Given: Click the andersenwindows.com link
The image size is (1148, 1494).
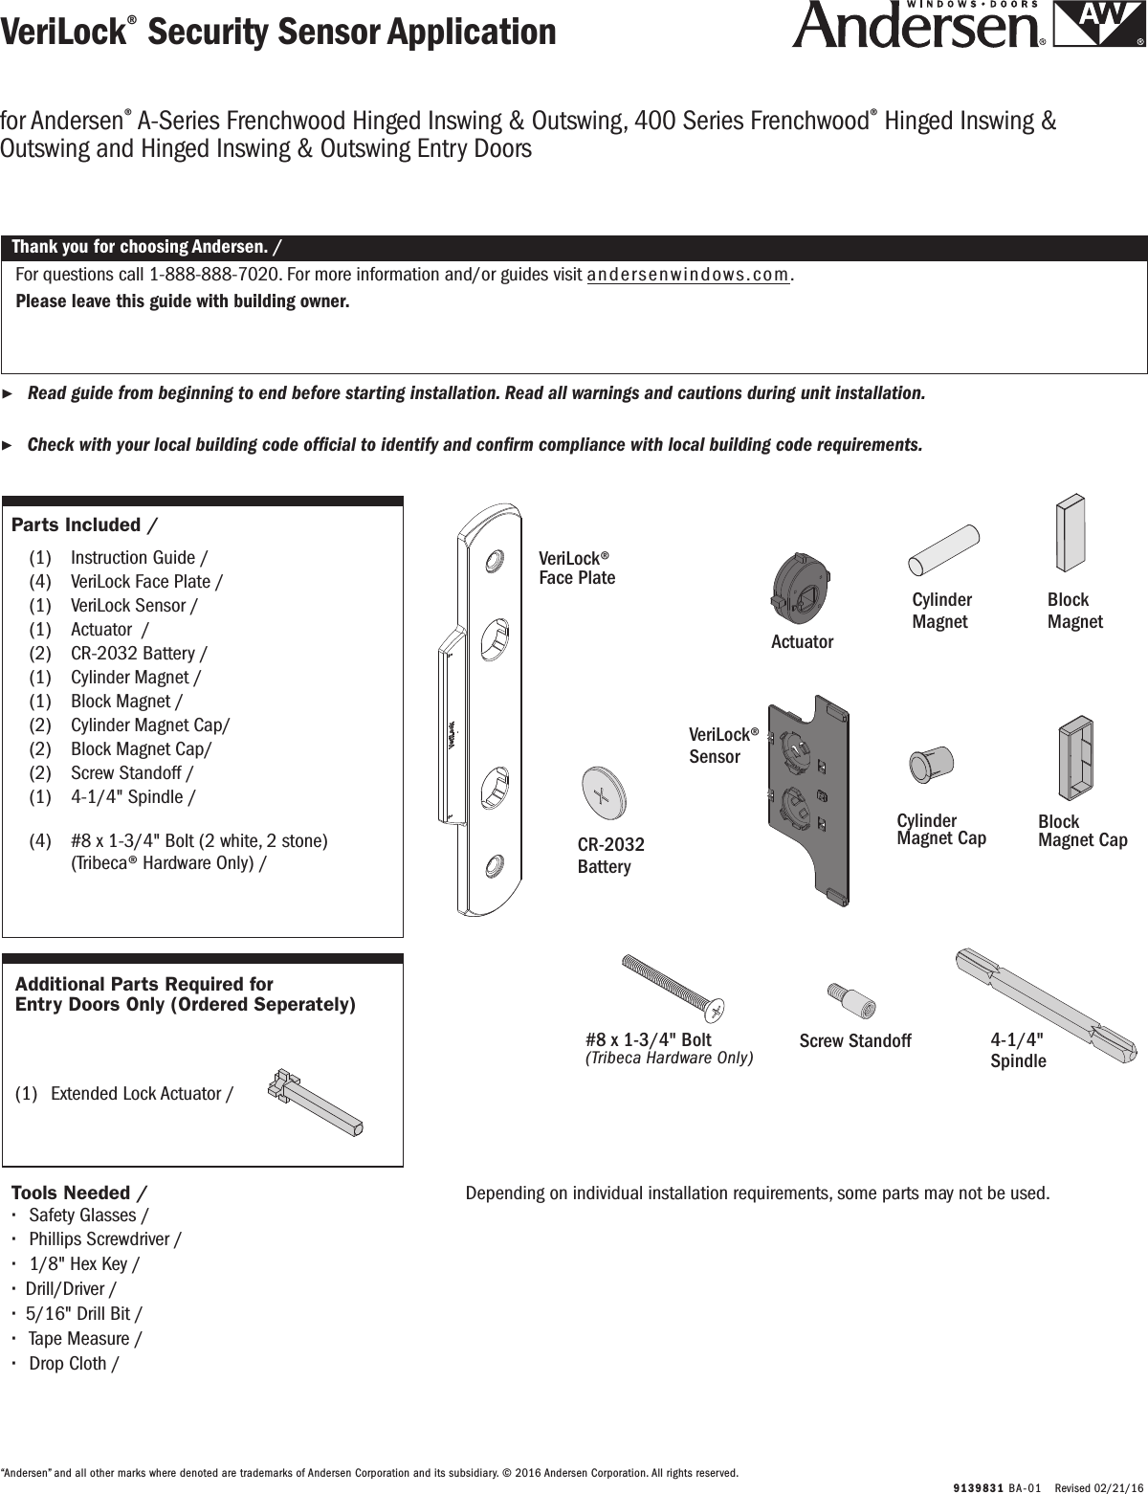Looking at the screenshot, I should click(x=689, y=276).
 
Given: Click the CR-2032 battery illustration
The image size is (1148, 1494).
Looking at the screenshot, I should click(x=603, y=792).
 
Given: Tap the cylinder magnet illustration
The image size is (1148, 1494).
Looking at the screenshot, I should click(x=942, y=549).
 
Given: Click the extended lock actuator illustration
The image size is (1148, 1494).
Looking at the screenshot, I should click(x=316, y=1100).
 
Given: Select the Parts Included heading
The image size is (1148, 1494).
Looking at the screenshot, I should click(x=84, y=524).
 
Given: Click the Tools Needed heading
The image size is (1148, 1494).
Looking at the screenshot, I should click(x=78, y=1193).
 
